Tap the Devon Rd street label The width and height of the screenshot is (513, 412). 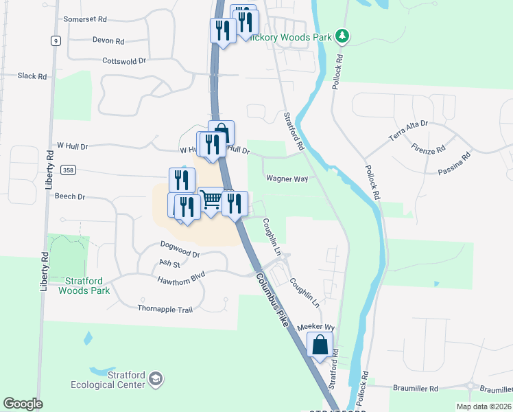click(108, 41)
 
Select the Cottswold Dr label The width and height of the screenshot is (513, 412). click(124, 60)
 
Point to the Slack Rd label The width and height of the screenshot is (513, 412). click(32, 76)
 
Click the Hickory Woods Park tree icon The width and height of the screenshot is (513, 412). click(342, 36)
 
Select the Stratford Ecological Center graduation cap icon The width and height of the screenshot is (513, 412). click(156, 378)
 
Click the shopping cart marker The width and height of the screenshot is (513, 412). click(211, 200)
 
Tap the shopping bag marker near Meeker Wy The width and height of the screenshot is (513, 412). click(320, 345)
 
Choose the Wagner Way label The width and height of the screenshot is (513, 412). click(287, 179)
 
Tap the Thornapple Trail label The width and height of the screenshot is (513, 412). click(165, 310)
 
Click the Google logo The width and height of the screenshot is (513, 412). click(23, 404)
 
